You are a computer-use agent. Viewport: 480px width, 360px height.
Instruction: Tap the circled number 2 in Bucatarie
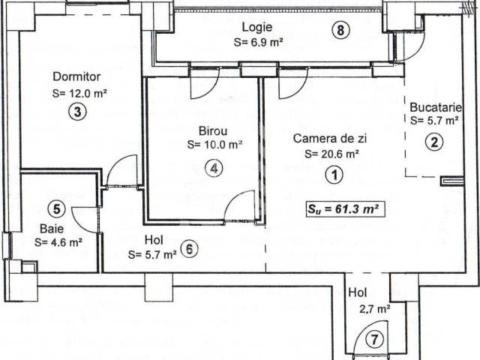433,142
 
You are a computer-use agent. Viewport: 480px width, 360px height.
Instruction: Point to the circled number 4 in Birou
214,168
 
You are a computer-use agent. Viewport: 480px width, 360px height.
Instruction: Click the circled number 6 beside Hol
190,249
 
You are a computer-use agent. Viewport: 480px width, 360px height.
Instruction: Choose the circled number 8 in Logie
341,31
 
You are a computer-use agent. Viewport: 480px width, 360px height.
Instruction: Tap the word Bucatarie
436,106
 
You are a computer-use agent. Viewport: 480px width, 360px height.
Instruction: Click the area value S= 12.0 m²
80,94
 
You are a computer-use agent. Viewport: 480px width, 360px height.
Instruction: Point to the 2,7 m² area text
373,308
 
